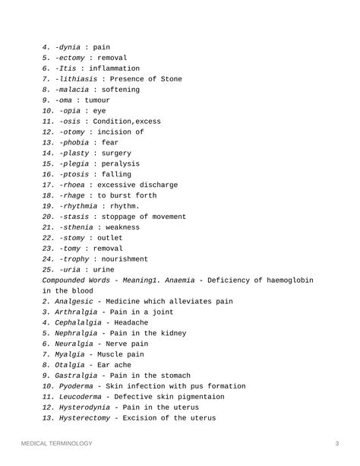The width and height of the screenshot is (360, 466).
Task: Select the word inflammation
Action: (x=114, y=68)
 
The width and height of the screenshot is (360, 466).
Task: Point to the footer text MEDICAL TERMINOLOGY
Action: (x=56, y=443)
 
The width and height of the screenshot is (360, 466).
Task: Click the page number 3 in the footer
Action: (x=336, y=443)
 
